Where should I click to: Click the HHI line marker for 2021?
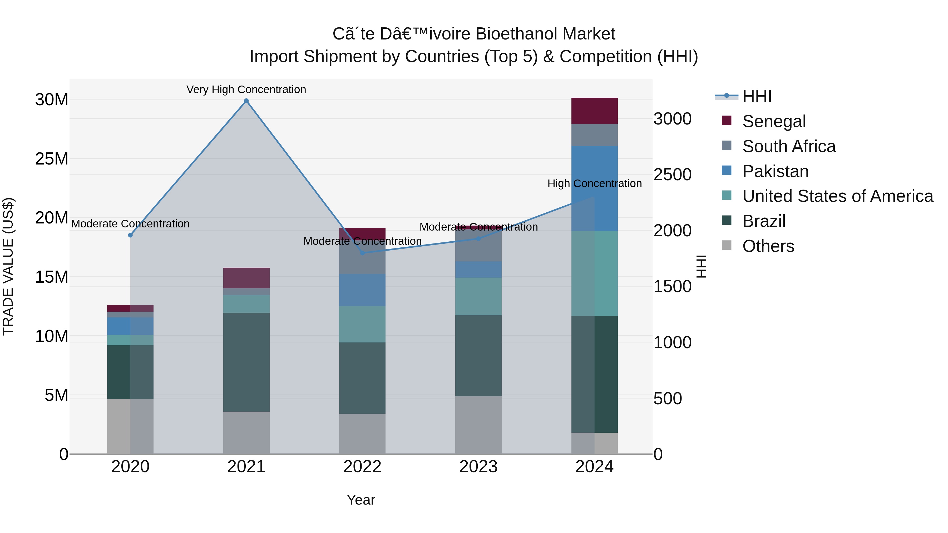(246, 101)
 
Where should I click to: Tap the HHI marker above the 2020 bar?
(130, 235)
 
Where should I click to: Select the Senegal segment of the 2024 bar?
(594, 111)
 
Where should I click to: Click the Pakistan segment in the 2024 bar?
(594, 188)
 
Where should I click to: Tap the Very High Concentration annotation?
(246, 89)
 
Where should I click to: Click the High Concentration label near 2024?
(594, 183)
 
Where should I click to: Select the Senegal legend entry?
(774, 121)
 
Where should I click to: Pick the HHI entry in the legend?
(757, 96)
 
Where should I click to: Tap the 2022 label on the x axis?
(362, 466)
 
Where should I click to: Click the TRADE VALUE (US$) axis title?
(8, 266)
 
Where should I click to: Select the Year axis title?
(361, 500)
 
